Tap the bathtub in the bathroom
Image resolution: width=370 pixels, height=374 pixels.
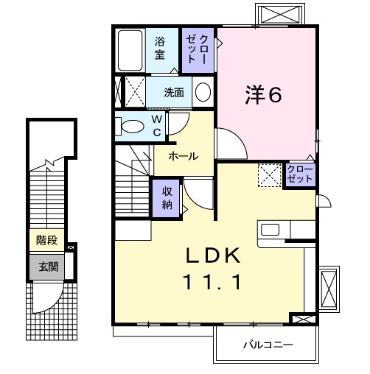tap(131, 49)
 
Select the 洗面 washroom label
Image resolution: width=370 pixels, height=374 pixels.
tap(174, 93)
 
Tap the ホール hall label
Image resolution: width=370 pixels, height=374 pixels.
tap(183, 156)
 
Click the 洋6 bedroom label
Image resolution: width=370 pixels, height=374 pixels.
tap(263, 94)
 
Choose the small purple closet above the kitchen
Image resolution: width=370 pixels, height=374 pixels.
tap(300, 174)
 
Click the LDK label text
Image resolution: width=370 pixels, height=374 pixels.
tap(213, 255)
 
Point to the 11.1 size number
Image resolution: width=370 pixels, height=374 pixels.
tap(213, 280)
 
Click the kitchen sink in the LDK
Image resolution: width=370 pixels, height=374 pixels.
tap(270, 229)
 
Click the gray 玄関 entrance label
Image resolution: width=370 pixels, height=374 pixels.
tap(46, 267)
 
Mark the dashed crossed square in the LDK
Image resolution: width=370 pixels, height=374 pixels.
tap(268, 175)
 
